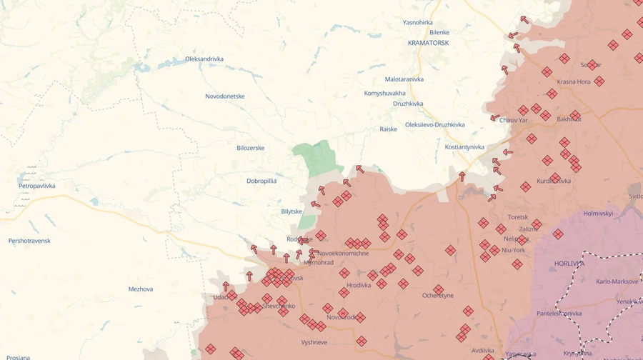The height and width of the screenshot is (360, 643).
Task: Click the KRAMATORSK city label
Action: click(428, 43)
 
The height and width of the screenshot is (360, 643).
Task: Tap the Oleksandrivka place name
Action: click(204, 59)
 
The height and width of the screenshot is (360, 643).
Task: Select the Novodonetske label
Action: click(225, 96)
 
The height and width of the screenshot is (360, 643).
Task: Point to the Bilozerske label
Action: click(250, 148)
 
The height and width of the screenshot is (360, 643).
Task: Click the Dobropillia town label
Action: click(261, 181)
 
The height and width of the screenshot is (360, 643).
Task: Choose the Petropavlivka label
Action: click(37, 186)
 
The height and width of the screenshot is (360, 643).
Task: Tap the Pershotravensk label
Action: click(29, 241)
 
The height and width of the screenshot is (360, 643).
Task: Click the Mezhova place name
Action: click(141, 289)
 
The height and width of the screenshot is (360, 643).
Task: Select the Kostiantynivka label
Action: click(464, 147)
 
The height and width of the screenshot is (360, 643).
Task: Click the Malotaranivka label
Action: click(404, 79)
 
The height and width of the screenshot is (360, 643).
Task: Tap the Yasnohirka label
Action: click(418, 22)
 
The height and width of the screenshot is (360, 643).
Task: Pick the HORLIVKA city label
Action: click(569, 263)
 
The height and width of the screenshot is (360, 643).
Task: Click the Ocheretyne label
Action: click(438, 295)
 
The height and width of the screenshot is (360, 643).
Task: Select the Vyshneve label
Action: click(314, 342)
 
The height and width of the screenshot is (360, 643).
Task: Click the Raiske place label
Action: click(388, 129)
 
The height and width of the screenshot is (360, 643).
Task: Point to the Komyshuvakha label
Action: click(384, 93)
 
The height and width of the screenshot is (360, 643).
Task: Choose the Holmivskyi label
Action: click(598, 213)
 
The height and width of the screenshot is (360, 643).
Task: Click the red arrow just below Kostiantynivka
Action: click(462, 176)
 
